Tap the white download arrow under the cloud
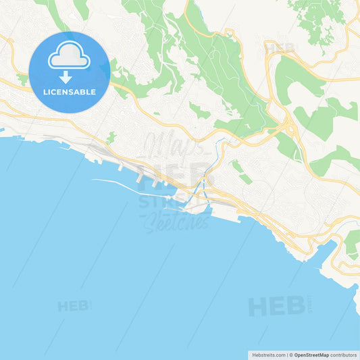tap(66, 77)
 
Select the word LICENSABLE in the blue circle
tap(69, 92)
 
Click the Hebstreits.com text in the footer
tap(267, 354)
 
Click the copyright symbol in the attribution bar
tap(290, 354)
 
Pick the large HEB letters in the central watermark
tap(176, 174)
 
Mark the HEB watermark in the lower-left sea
tap(73, 306)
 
